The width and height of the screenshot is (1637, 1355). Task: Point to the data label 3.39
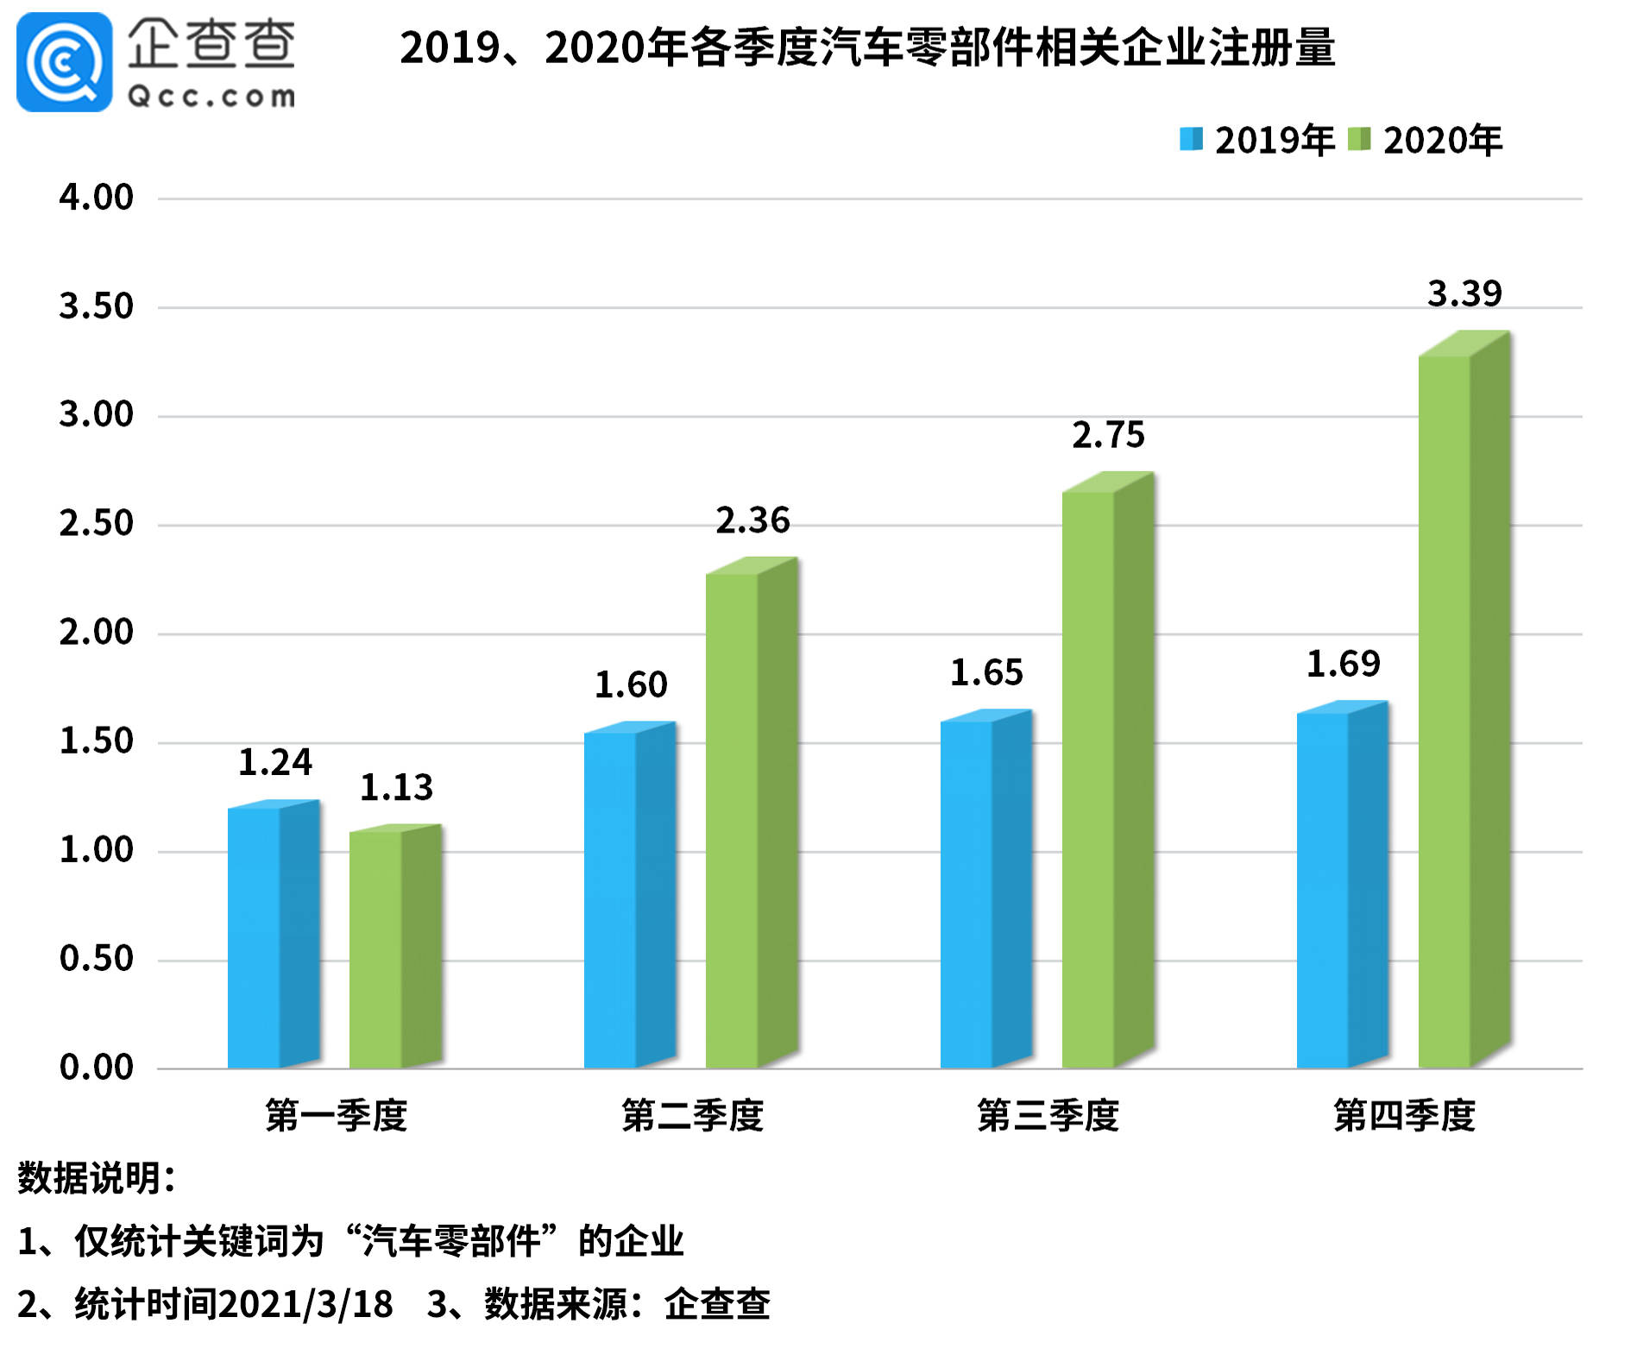point(1464,294)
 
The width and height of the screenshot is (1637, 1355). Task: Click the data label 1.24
point(274,763)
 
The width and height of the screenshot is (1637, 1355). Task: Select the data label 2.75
point(1108,436)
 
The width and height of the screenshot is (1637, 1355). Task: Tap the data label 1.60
point(631,685)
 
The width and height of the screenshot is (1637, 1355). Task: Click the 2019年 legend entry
point(1256,141)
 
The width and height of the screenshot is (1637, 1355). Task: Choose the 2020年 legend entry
point(1425,141)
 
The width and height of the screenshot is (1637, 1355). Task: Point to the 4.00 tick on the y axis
point(96,198)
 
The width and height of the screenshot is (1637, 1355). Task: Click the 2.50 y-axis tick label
point(96,524)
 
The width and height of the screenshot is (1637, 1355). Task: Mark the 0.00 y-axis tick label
point(96,1068)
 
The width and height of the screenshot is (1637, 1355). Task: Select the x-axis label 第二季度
point(692,1116)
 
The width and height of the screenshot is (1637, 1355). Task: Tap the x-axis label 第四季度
point(1404,1116)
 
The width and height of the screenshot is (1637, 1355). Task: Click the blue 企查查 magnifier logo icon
point(64,62)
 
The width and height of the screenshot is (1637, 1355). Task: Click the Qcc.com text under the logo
point(211,97)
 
